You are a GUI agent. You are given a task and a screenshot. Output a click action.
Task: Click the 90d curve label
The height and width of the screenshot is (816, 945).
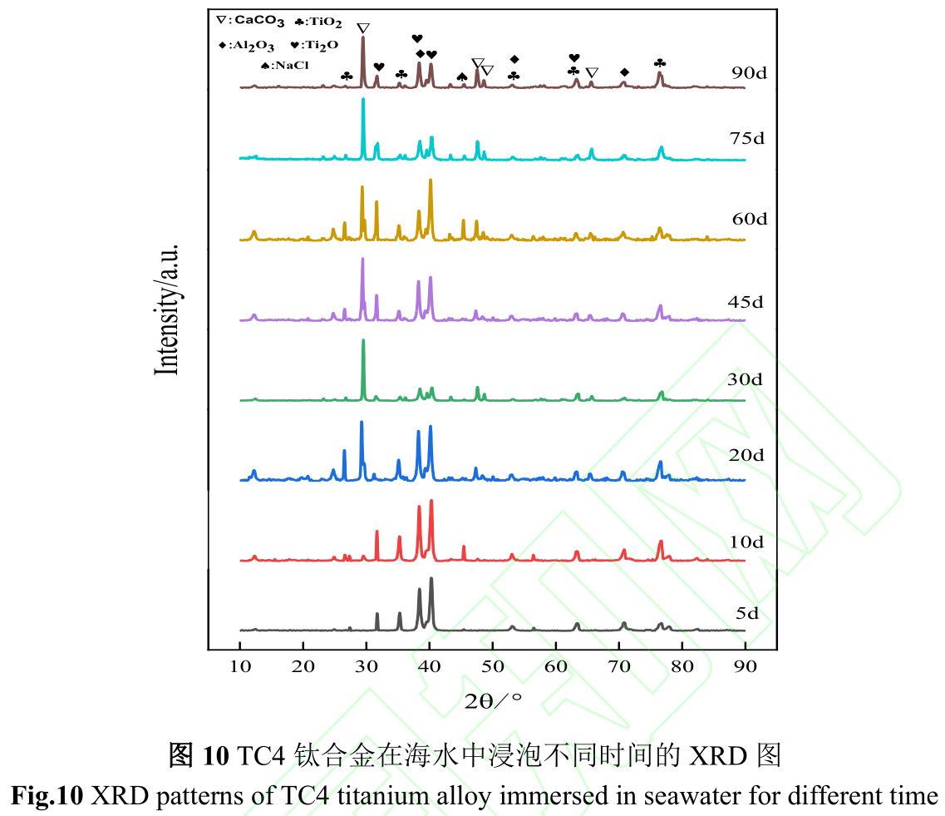(x=749, y=72)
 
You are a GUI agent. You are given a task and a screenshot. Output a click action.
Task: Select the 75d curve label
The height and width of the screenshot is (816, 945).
(x=747, y=139)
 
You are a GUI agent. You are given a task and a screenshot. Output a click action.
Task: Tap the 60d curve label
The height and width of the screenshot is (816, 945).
(x=749, y=219)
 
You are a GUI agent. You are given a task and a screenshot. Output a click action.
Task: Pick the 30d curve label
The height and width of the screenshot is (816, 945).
(x=746, y=379)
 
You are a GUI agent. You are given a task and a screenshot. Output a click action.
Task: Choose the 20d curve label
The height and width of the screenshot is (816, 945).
(x=747, y=455)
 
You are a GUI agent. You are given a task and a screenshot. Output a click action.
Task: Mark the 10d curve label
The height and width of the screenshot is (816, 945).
(x=746, y=542)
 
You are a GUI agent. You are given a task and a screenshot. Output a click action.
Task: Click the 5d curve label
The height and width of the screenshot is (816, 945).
(x=746, y=614)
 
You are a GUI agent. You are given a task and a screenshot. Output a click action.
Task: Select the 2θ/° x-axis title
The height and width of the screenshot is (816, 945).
(x=493, y=700)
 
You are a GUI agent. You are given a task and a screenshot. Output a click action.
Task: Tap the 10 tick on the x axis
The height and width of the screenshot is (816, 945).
(x=240, y=665)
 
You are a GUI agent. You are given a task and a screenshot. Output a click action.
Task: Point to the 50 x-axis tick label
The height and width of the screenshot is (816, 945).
(x=493, y=665)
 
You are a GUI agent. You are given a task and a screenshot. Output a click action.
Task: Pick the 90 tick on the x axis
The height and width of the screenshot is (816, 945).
(x=745, y=665)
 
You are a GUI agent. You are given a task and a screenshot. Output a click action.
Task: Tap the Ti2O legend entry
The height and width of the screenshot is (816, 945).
(x=314, y=45)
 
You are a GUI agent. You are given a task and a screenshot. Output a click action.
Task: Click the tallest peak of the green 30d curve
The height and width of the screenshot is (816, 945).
(x=363, y=341)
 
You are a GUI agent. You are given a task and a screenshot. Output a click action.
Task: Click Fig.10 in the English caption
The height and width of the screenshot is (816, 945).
(x=47, y=795)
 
